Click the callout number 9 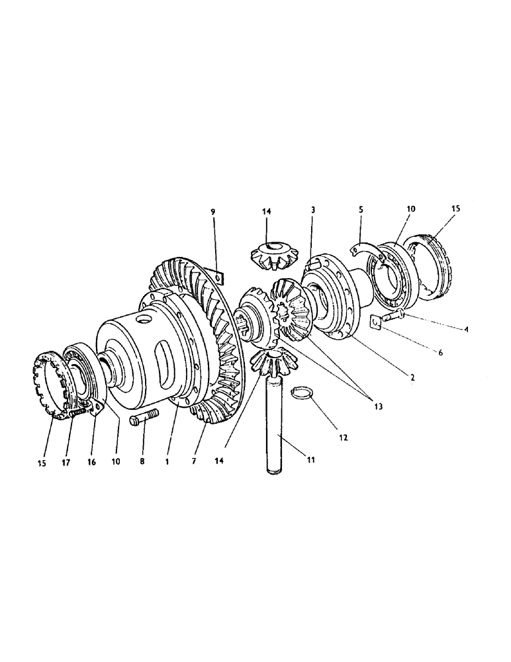(213, 212)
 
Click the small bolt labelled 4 (395, 313)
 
